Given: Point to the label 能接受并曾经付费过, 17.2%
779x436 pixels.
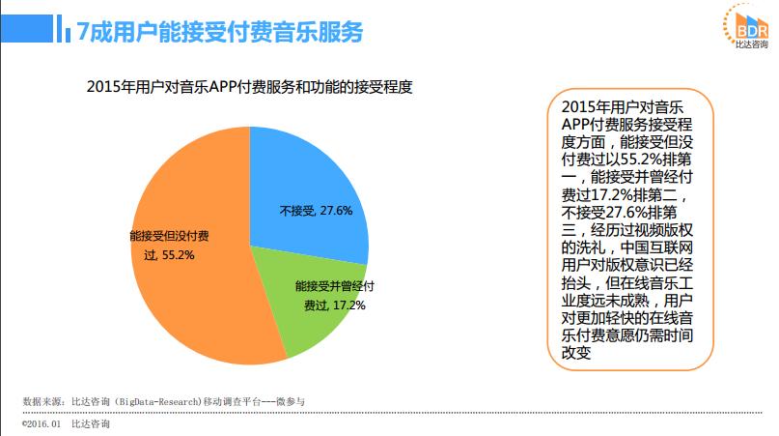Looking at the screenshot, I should pyautogui.click(x=333, y=295).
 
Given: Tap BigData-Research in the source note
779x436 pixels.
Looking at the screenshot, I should pyautogui.click(x=156, y=401).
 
